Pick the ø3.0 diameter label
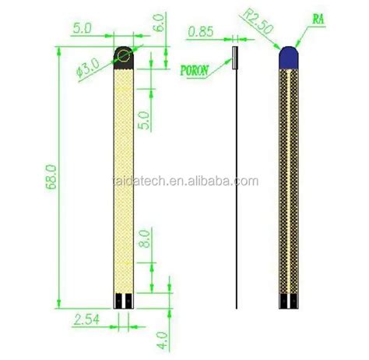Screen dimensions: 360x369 (91, 65)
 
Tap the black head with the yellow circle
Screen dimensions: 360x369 (125, 56)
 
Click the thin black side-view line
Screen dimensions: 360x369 (234, 195)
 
